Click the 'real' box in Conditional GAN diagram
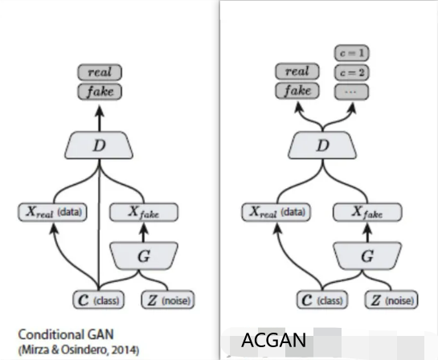click(x=100, y=73)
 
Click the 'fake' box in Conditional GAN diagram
click(x=100, y=91)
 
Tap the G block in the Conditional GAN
click(x=143, y=257)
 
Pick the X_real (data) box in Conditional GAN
click(x=54, y=213)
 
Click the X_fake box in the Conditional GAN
click(x=144, y=213)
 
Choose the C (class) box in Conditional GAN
click(x=98, y=301)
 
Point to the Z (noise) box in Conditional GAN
click(x=166, y=301)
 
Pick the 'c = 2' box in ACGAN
click(x=350, y=72)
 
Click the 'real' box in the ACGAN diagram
click(x=297, y=72)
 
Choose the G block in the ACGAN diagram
click(x=368, y=257)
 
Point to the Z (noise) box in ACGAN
click(x=391, y=301)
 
